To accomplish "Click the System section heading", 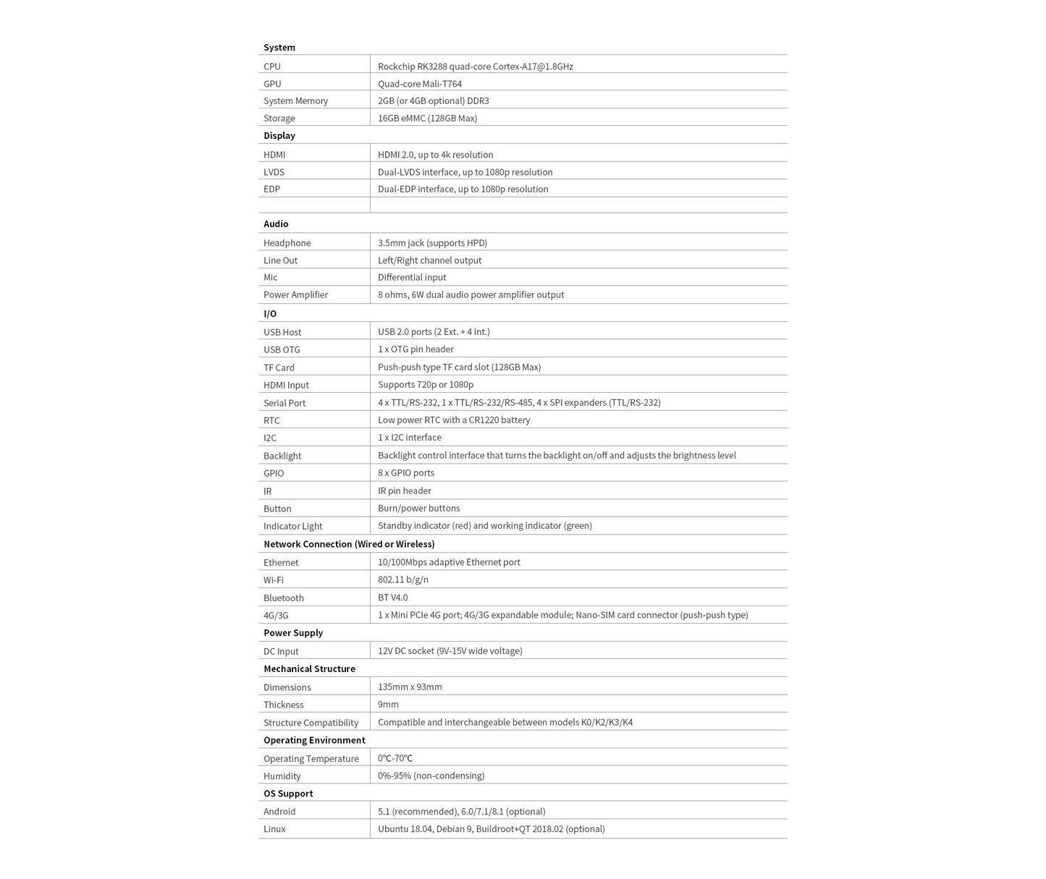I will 279,48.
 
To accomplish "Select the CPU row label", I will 272,67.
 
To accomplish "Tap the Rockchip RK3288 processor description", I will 475,67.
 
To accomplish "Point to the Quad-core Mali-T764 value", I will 419,84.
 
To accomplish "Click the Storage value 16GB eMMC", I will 427,119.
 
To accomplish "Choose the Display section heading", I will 279,136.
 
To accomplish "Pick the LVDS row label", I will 274,172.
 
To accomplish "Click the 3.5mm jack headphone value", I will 432,243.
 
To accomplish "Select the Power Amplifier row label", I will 295,295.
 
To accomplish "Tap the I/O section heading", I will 270,314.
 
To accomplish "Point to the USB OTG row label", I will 282,350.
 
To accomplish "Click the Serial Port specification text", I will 519,403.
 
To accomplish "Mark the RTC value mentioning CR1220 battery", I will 454,420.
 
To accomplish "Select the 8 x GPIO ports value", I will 406,473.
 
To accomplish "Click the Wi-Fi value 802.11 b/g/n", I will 403,580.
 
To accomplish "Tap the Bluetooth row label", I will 284,598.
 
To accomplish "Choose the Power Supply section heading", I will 293,633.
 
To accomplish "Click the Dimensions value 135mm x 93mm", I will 410,687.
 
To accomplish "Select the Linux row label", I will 274,829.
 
